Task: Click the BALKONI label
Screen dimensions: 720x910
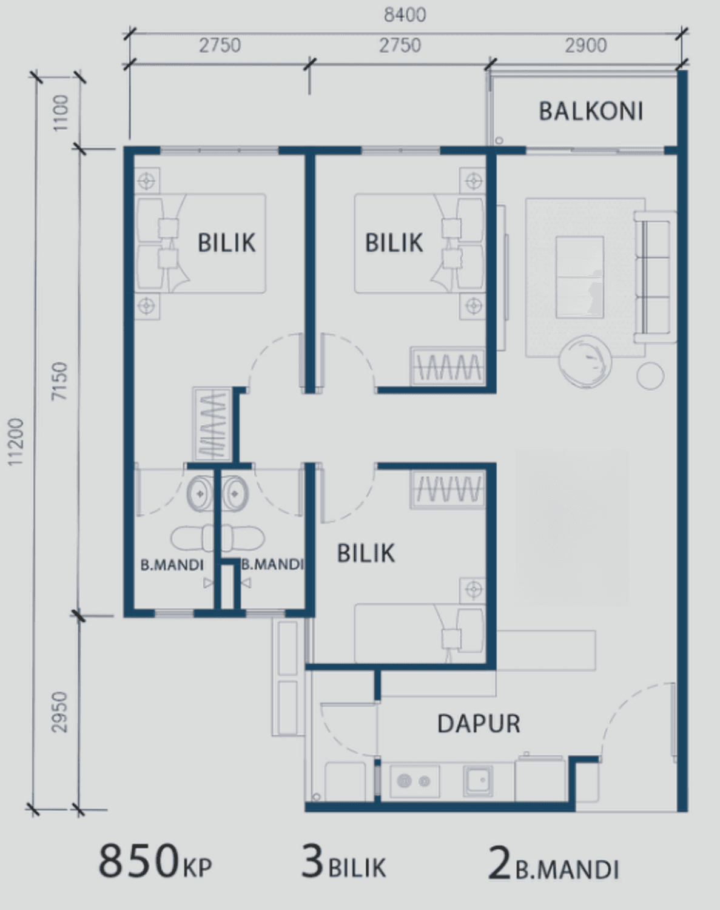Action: [x=591, y=111]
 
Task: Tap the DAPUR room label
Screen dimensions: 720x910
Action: [x=479, y=724]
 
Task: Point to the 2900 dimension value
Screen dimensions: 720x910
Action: [x=585, y=45]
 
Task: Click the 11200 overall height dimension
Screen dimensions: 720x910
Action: [x=16, y=442]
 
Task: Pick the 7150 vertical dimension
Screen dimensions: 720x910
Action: [x=59, y=380]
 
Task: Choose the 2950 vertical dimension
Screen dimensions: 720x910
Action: [x=59, y=712]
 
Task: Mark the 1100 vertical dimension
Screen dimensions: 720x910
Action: [x=61, y=113]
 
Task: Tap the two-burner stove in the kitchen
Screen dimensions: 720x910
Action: [x=415, y=781]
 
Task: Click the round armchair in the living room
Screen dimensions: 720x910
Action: [x=585, y=361]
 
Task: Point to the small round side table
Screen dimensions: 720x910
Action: [x=650, y=376]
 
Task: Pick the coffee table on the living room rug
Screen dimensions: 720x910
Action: [x=580, y=277]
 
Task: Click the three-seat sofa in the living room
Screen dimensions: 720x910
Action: [x=654, y=277]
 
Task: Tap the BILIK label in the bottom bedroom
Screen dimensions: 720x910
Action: [x=366, y=553]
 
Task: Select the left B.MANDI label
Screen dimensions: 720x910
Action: [x=172, y=565]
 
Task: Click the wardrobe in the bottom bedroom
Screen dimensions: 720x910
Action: [x=447, y=489]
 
